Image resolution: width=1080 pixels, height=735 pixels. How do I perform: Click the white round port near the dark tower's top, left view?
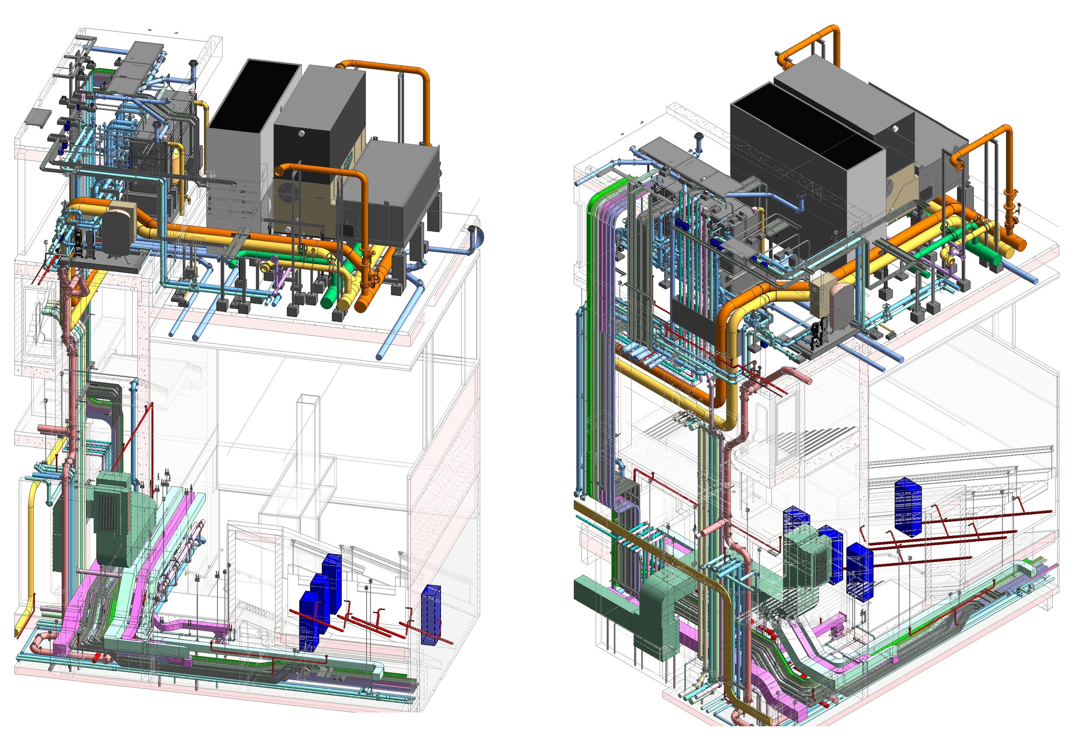(301, 134)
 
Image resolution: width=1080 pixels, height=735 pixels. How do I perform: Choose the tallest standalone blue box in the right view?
(907, 507)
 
